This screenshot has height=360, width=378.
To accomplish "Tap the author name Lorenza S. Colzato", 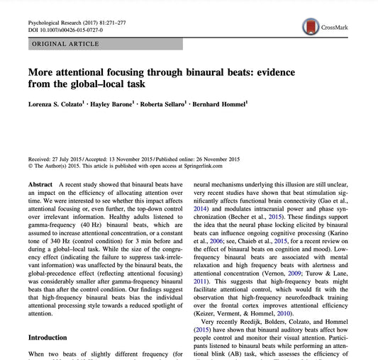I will (58, 104).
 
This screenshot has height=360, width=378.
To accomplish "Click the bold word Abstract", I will (40, 184).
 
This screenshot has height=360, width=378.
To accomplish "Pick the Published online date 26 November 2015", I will (248, 160).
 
